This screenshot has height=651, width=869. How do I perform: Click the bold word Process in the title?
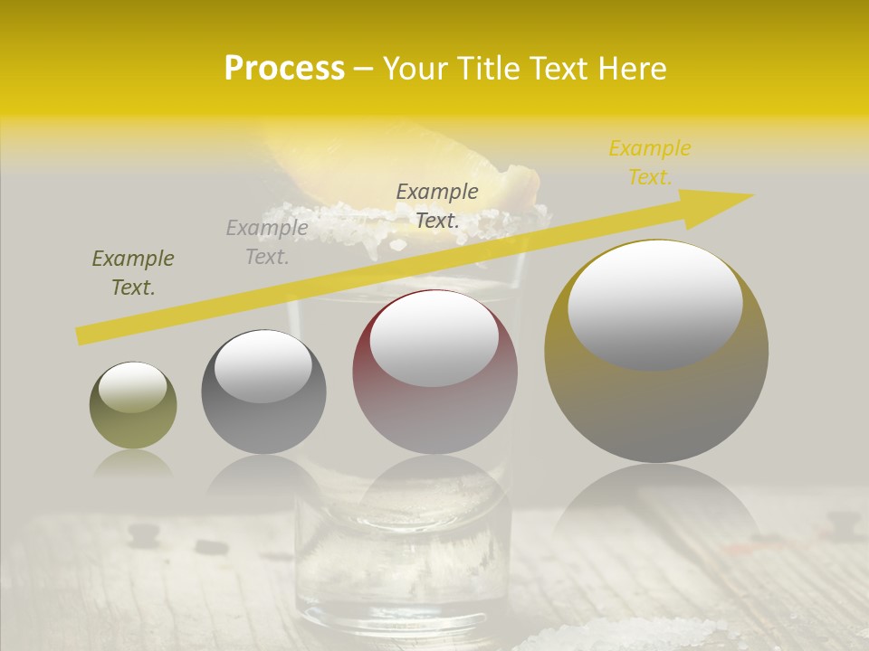284,69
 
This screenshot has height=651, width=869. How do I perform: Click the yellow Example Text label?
649,163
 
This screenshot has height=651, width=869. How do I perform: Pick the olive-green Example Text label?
133,273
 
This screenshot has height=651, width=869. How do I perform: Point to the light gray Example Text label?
267,242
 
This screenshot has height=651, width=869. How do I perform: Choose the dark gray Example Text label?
437,205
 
